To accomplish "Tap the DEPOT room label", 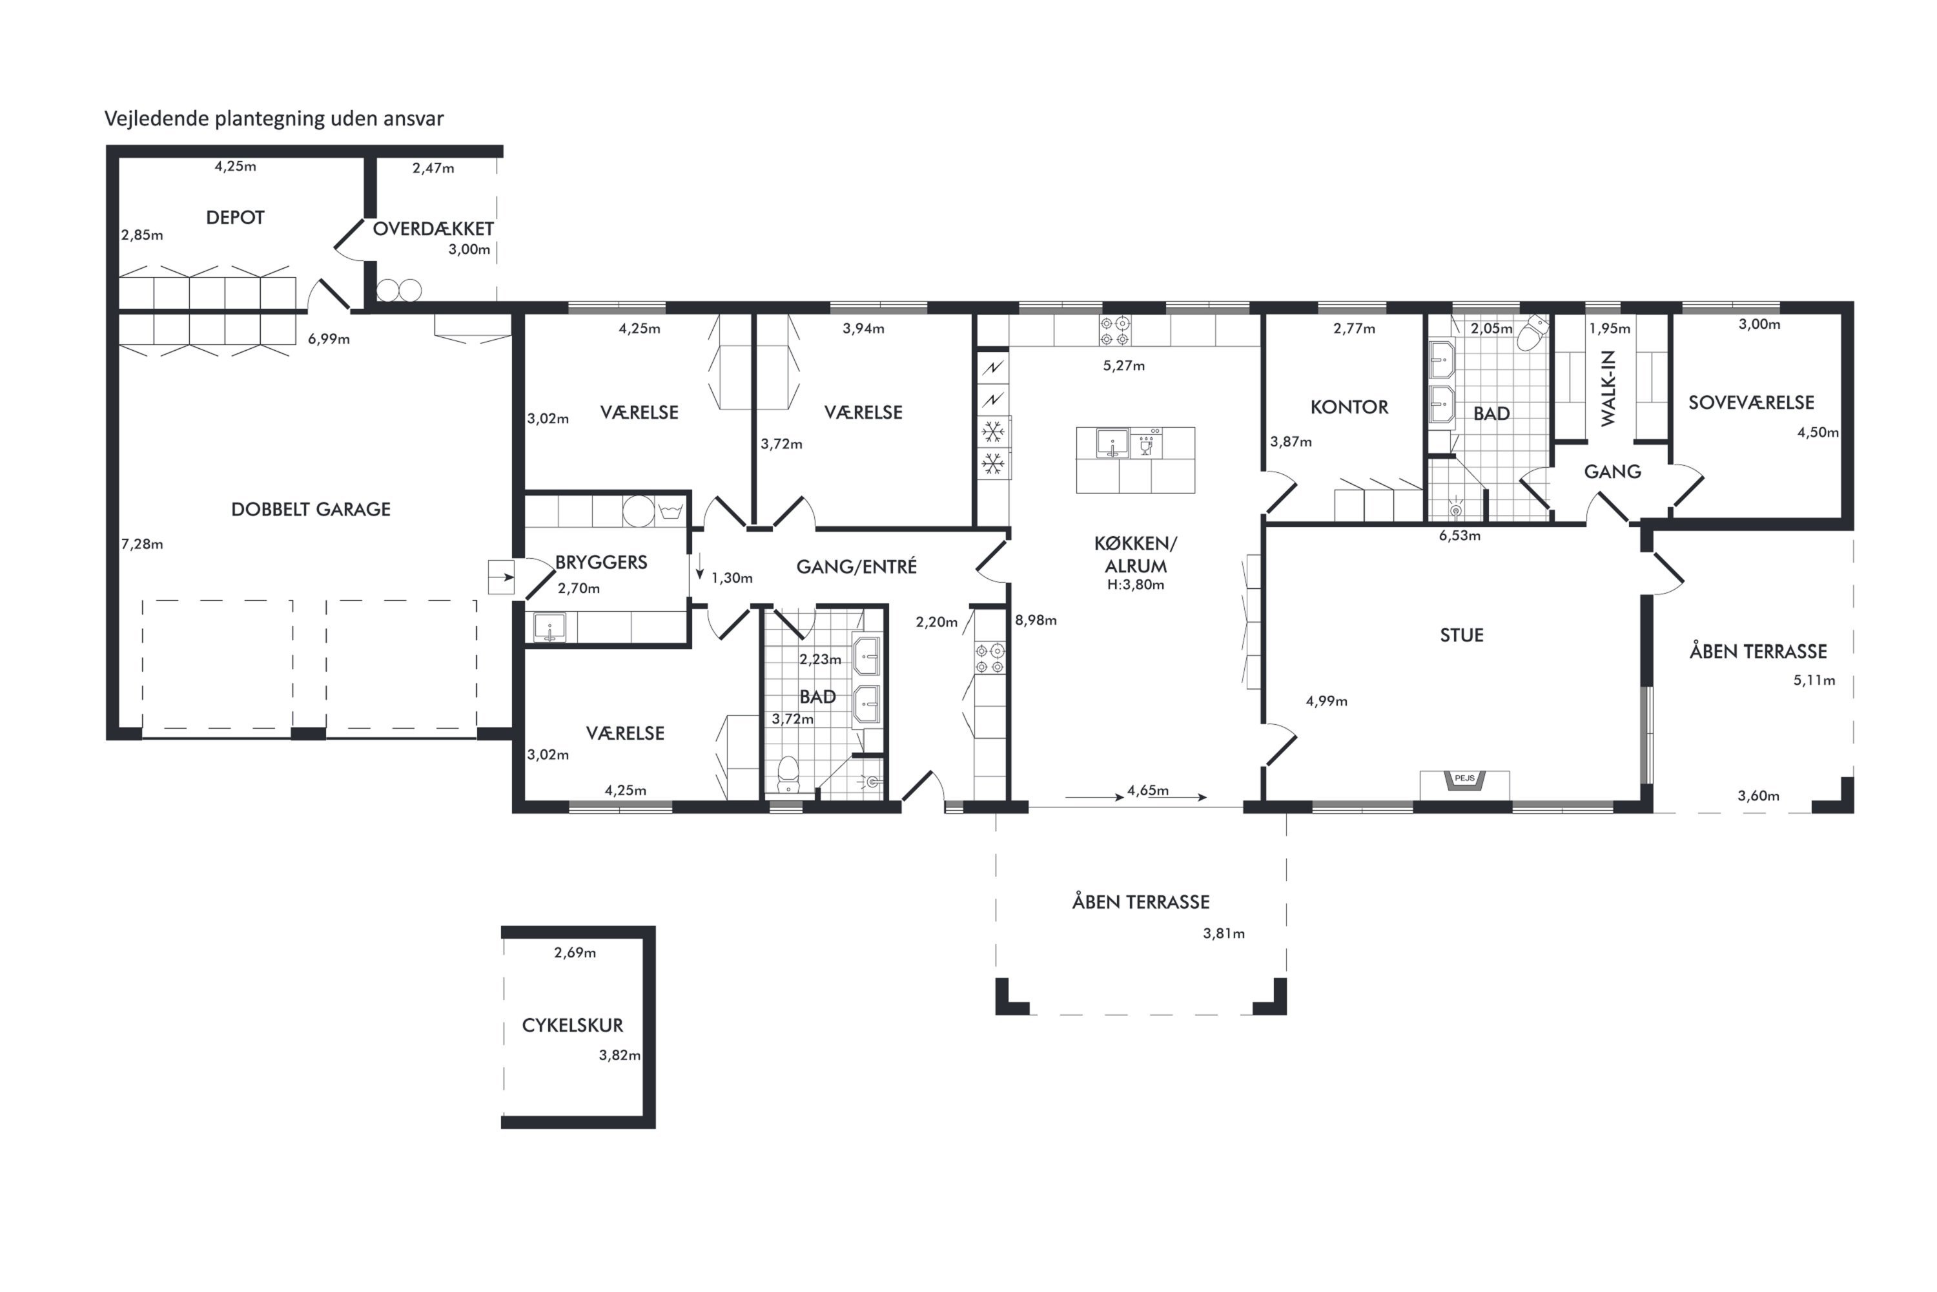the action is click(x=236, y=218).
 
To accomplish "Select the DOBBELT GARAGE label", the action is click(x=311, y=509).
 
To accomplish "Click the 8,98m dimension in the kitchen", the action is click(x=1035, y=620).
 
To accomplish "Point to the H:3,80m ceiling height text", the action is click(x=1135, y=585).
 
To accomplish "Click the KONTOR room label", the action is click(x=1349, y=407).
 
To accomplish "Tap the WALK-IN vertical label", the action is click(x=1607, y=388).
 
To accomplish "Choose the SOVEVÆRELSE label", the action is click(x=1751, y=403).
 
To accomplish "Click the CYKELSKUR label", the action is click(x=572, y=1025).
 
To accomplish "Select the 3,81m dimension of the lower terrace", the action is click(x=1224, y=933).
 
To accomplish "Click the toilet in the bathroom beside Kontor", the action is click(x=1532, y=332).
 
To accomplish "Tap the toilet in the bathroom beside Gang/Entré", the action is click(x=788, y=773).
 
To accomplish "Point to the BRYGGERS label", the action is click(x=601, y=563).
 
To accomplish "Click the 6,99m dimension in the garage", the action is click(x=329, y=339).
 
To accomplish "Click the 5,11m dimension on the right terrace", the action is click(x=1814, y=681).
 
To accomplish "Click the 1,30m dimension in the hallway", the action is click(x=732, y=578).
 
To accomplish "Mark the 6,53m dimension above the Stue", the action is click(x=1459, y=536).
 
